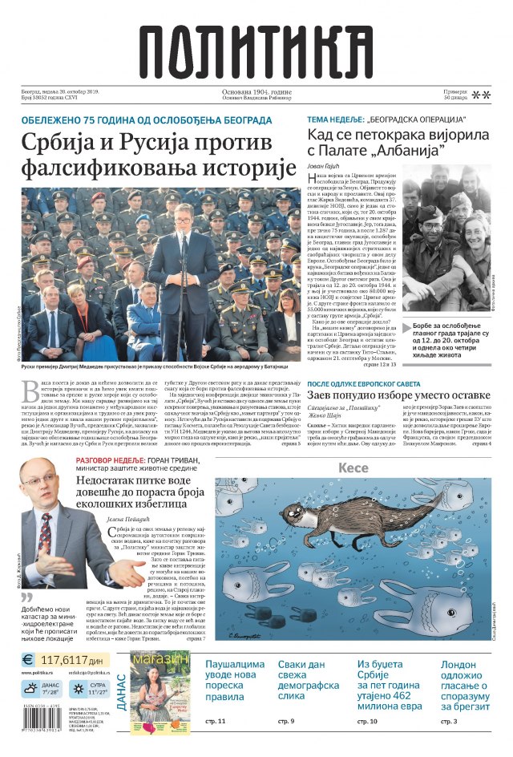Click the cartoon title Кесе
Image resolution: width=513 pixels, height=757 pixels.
pyautogui.click(x=353, y=468)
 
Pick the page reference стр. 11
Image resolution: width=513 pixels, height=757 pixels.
pyautogui.click(x=216, y=722)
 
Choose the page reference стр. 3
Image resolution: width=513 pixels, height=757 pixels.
pyautogui.click(x=449, y=722)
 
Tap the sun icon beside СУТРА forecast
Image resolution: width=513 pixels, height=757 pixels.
pyautogui.click(x=79, y=688)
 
